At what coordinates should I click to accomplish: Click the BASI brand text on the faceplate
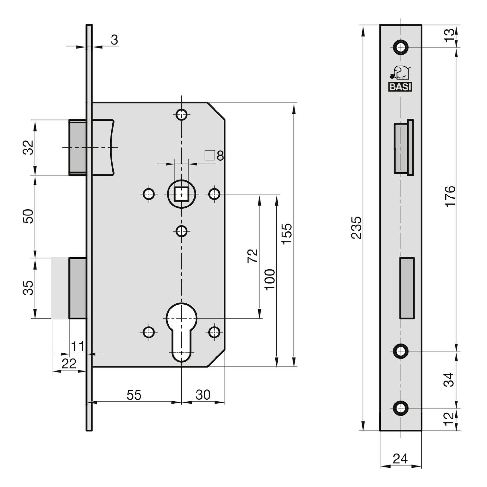pos(400,87)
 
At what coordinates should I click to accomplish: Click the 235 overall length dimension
pos(356,228)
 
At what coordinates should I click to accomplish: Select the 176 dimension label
pos(450,197)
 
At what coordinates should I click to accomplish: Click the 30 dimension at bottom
pos(203,395)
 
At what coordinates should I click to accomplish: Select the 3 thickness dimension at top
pos(114,40)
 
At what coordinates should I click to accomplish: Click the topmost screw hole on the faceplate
pos(400,47)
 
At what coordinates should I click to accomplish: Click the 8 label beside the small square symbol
pos(220,156)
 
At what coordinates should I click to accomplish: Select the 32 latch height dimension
pos(28,147)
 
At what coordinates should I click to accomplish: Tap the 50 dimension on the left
pos(28,216)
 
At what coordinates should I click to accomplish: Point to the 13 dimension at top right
pos(450,36)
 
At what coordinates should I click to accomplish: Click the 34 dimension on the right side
pos(450,380)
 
